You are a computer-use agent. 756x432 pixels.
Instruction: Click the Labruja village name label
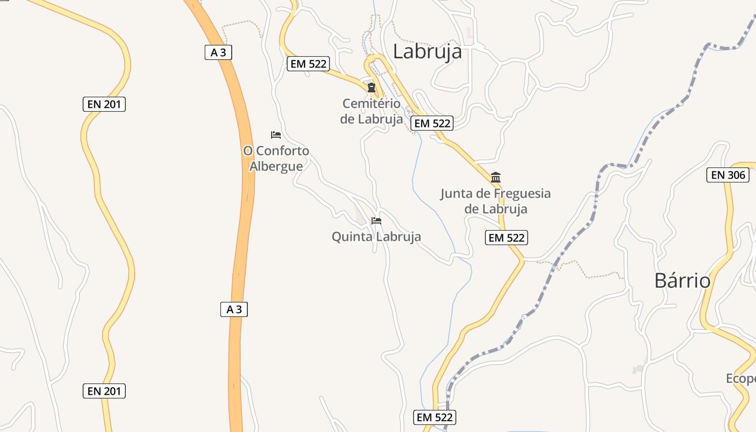coord(427,51)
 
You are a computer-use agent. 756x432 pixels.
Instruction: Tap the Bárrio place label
coord(682,281)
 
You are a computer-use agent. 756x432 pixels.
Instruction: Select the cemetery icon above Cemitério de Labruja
coord(372,87)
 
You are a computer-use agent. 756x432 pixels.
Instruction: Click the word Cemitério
coord(372,103)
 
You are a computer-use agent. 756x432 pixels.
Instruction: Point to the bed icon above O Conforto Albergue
coord(276,134)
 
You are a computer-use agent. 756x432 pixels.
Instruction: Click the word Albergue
coord(276,166)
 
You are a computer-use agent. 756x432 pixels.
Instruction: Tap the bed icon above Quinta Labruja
coord(376,221)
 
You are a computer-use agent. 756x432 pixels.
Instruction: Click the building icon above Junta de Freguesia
coord(496,177)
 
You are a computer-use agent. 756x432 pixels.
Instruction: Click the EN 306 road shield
coord(727,175)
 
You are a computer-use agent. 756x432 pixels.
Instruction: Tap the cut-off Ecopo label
coord(741,379)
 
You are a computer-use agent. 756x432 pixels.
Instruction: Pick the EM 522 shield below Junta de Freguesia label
coord(506,237)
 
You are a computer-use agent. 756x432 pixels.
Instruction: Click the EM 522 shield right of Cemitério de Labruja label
coord(431,123)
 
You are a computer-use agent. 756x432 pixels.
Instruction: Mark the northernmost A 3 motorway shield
coord(218,52)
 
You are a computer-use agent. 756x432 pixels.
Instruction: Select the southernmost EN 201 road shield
coord(104,391)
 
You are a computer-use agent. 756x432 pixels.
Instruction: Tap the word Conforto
coord(282,151)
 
